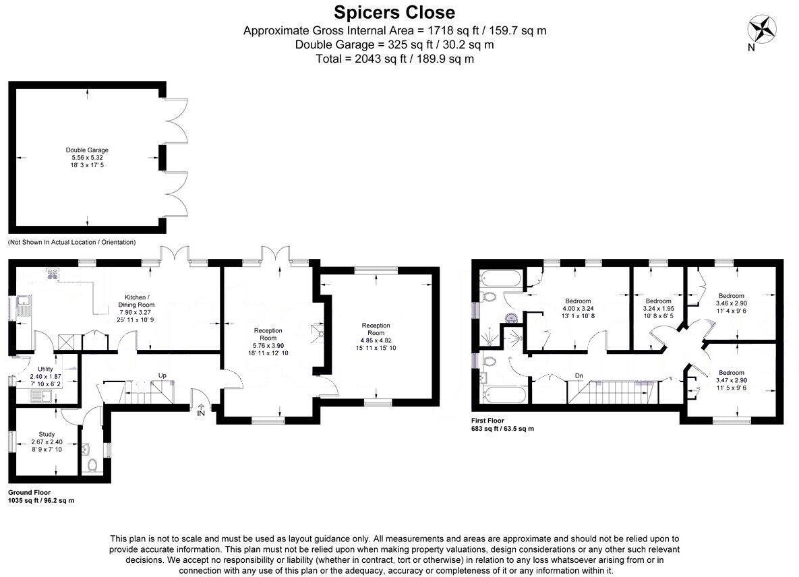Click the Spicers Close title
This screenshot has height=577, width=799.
pyautogui.click(x=394, y=12)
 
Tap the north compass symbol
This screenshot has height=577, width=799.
pyautogui.click(x=762, y=31)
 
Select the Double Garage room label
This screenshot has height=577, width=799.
pyautogui.click(x=87, y=150)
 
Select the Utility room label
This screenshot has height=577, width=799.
pyautogui.click(x=45, y=369)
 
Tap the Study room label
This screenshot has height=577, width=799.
pyautogui.click(x=47, y=435)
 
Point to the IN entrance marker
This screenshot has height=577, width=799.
pyautogui.click(x=200, y=413)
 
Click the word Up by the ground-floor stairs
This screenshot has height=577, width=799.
pyautogui.click(x=162, y=375)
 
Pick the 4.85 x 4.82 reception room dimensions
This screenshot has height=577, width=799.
pyautogui.click(x=376, y=340)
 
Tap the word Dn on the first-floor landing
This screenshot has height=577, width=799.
pyautogui.click(x=579, y=375)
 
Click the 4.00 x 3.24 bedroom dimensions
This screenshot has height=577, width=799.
pyautogui.click(x=578, y=309)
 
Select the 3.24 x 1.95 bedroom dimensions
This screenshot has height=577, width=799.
pyautogui.click(x=658, y=309)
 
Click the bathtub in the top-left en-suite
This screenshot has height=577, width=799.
pyautogui.click(x=500, y=277)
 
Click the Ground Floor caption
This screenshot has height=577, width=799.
pyautogui.click(x=29, y=493)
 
